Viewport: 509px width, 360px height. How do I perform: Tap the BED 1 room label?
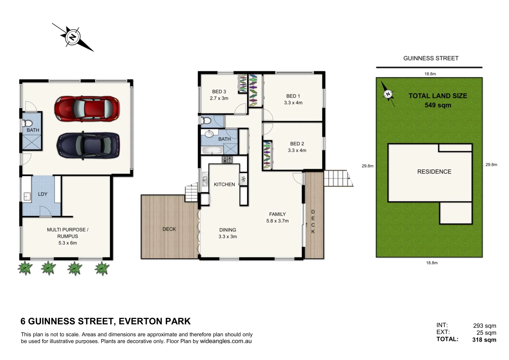(293, 96)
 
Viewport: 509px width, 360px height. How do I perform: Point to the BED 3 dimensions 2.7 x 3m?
(219, 98)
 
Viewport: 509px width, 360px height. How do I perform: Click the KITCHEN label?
(224, 184)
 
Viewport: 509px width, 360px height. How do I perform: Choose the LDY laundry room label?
(43, 194)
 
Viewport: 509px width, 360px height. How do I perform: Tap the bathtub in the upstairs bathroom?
(212, 150)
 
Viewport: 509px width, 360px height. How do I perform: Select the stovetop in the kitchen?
(227, 160)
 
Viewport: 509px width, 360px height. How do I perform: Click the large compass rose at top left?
(72, 37)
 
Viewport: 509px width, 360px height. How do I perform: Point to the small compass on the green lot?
(388, 94)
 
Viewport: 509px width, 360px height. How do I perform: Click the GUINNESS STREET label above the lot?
(431, 58)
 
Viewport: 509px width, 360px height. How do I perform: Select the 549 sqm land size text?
(438, 105)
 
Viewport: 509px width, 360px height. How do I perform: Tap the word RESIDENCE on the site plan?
(434, 172)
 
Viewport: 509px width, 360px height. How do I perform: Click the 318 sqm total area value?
(484, 340)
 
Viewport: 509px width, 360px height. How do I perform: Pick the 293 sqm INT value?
(484, 326)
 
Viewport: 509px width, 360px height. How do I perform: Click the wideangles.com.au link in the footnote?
(226, 341)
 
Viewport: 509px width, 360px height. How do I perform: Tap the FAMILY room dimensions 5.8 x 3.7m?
(277, 221)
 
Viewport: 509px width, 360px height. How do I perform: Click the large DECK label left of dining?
(169, 229)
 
